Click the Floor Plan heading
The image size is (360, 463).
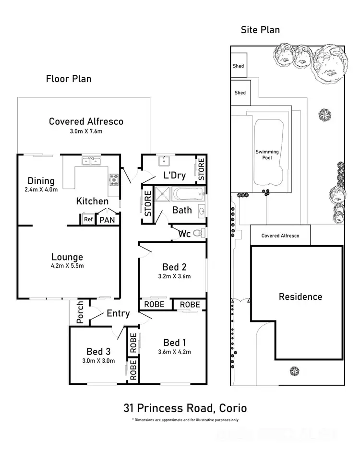click(68, 79)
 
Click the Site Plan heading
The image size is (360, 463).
click(260, 30)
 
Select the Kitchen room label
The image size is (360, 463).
click(92, 201)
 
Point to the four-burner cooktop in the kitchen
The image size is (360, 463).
click(114, 180)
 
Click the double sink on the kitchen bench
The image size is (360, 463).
click(90, 161)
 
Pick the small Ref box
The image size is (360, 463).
click(88, 220)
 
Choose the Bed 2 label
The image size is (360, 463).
click(174, 267)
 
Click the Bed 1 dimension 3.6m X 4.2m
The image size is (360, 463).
click(174, 352)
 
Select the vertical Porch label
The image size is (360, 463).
click(81, 312)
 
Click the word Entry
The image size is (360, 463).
click(118, 313)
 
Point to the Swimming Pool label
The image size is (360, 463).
click(267, 154)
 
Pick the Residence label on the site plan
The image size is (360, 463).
click(300, 297)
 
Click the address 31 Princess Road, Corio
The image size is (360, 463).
click(185, 408)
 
